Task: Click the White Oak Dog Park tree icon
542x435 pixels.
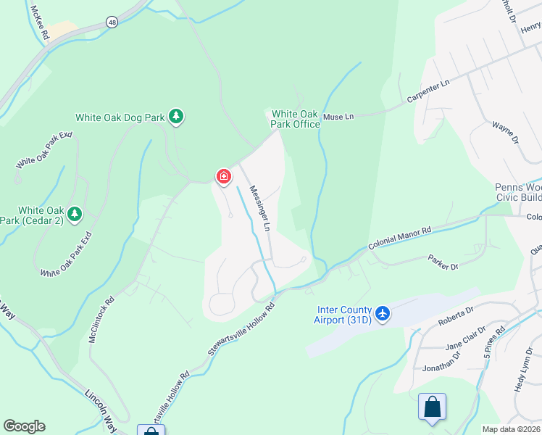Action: click(175, 116)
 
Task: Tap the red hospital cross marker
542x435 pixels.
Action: click(223, 176)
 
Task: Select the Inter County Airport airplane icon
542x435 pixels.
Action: click(383, 314)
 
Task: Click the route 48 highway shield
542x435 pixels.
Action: click(111, 22)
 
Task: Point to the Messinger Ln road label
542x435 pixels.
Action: click(259, 208)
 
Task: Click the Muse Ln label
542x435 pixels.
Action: click(338, 116)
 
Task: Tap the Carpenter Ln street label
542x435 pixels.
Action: click(428, 92)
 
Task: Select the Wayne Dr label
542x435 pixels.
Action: click(505, 135)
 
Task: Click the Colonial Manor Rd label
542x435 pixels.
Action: click(399, 238)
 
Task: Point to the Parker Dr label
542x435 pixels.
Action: click(443, 262)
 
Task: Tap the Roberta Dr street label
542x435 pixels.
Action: click(455, 316)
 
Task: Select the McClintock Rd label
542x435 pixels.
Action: click(102, 318)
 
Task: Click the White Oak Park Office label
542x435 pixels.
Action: click(295, 119)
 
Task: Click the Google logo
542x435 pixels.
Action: click(24, 426)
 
